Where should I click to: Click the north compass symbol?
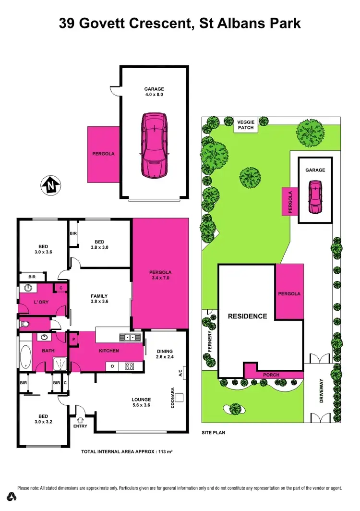click(x=50, y=185)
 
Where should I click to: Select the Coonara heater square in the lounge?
click(x=180, y=397)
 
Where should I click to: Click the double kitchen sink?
click(x=128, y=337)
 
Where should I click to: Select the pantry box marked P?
click(x=74, y=339)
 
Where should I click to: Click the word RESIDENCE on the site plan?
click(x=247, y=316)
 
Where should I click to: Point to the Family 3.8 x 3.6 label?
click(x=99, y=299)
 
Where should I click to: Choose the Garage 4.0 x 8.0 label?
click(x=154, y=92)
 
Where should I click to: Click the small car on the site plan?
click(x=315, y=196)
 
